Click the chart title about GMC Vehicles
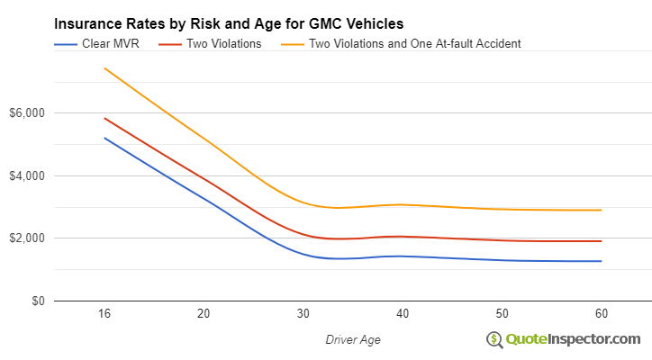pyautogui.click(x=228, y=23)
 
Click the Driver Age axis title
pyautogui.click(x=352, y=339)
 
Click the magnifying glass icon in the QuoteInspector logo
pyautogui.click(x=494, y=339)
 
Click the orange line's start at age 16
pyautogui.click(x=104, y=68)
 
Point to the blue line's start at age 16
pyautogui.click(x=104, y=138)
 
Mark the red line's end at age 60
pyautogui.click(x=601, y=241)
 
